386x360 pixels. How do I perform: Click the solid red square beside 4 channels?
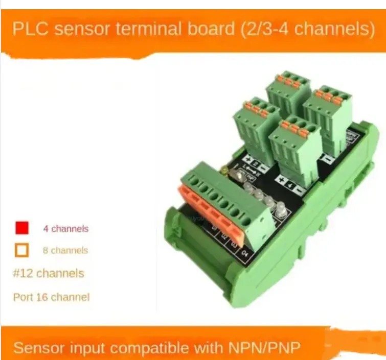coord(22,228)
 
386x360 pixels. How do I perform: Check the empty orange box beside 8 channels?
coord(22,250)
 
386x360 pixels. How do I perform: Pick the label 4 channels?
coord(65,229)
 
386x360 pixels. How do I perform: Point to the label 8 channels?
coord(65,251)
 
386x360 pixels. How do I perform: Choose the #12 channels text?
coord(48,273)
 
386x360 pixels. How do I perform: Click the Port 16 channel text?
coord(51,297)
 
